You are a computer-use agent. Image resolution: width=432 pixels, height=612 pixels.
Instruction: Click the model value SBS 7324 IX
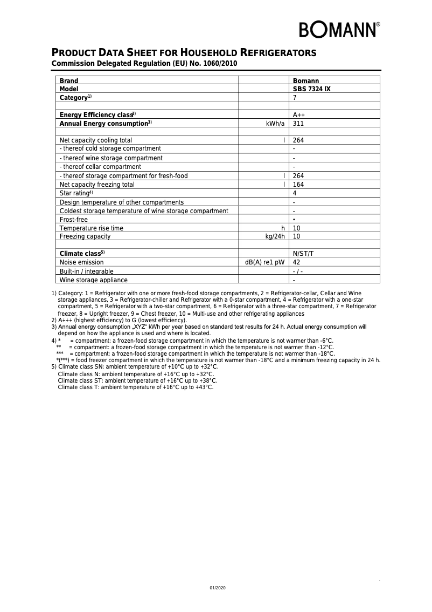tap(311, 89)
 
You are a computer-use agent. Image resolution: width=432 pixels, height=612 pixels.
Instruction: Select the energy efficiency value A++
tap(299, 115)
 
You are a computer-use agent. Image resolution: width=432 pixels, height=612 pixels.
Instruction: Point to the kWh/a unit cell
tap(275, 124)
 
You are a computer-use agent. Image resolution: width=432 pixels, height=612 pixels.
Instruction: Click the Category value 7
tap(295, 98)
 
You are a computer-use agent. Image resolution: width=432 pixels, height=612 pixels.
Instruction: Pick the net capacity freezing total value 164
tap(298, 185)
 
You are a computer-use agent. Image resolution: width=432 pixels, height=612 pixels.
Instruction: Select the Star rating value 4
tap(295, 193)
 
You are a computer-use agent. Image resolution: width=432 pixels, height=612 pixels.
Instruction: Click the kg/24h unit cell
tap(275, 236)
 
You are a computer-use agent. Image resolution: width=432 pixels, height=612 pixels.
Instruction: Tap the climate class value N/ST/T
tap(303, 254)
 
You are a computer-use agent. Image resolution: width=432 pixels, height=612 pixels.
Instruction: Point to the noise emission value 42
tap(297, 262)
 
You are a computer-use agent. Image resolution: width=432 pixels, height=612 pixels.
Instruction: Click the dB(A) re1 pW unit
tap(264, 262)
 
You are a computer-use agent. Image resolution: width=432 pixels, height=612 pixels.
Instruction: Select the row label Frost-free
tap(73, 220)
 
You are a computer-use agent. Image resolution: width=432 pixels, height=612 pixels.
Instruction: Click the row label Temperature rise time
tap(91, 228)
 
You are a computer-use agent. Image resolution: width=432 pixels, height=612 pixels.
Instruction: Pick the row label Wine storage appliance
tap(93, 280)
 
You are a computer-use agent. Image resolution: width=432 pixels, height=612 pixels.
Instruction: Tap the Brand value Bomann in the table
tap(306, 81)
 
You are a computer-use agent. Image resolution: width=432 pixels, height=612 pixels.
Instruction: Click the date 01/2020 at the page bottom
tap(218, 587)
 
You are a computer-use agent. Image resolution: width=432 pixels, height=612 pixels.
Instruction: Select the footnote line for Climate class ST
tap(135, 380)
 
